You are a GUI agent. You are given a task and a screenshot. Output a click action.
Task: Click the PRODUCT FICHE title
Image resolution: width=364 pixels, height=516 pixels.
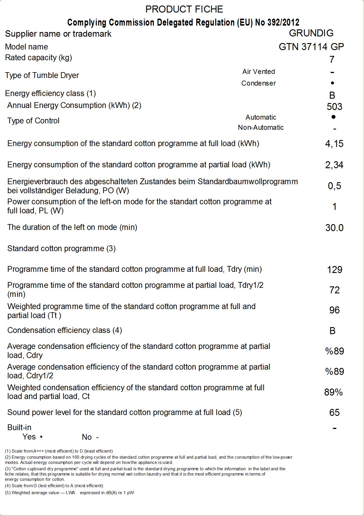coord(184,9)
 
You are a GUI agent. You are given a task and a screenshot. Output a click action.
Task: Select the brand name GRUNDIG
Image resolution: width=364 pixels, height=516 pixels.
coord(311,33)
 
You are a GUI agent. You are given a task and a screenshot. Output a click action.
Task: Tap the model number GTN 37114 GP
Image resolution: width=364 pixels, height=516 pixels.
coord(311,47)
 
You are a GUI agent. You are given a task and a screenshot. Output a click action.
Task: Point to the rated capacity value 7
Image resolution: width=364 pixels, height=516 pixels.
coord(332,60)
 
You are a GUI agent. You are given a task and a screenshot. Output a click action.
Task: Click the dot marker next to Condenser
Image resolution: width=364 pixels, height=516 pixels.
coord(333,83)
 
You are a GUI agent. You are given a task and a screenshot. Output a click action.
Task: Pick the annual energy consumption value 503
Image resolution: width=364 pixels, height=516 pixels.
coord(334,107)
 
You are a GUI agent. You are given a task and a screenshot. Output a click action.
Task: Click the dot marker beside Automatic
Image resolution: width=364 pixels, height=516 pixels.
coord(333,117)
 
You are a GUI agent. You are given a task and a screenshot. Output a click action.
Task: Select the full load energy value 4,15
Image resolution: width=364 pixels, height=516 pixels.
coord(334,144)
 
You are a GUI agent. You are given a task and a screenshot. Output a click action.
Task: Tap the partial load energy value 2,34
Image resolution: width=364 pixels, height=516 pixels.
coord(334,165)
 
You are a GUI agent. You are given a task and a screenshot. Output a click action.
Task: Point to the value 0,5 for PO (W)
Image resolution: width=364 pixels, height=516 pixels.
coord(334,186)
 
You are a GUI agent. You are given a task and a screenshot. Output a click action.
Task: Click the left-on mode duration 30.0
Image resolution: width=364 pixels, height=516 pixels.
coord(334,228)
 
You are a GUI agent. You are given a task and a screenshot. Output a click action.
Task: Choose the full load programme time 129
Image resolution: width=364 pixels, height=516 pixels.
coord(335,270)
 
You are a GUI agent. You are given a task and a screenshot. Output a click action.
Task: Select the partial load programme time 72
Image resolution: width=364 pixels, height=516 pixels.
coord(334,290)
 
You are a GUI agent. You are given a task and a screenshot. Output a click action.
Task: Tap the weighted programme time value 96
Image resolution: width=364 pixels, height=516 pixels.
coord(334,310)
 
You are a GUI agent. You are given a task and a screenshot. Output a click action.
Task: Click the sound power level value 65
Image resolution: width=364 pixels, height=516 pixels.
coord(334,413)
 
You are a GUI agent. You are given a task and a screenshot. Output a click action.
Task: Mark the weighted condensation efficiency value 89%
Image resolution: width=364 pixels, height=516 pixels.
coord(333,392)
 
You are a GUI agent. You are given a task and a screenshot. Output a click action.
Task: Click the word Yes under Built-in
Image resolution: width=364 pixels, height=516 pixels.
coord(29,437)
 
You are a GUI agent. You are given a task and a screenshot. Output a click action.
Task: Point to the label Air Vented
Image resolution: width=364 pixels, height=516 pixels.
coord(259,72)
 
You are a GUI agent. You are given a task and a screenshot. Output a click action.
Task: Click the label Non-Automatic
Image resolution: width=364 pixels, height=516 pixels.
coord(261,127)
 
